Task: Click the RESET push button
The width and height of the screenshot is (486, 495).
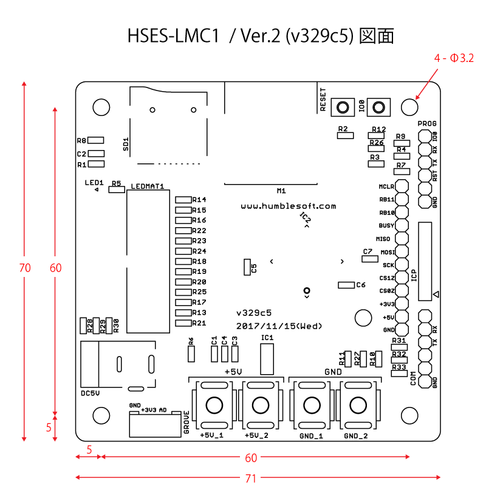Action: coord(343,108)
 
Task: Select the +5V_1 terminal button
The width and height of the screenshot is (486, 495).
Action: coord(214,405)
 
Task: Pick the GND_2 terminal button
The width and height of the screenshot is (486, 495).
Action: coord(358,405)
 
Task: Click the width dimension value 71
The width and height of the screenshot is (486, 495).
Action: coord(250,478)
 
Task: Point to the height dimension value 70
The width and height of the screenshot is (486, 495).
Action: coord(25,267)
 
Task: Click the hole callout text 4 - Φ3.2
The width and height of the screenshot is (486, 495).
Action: coord(454,58)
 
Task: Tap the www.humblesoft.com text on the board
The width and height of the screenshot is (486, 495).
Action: coord(289,206)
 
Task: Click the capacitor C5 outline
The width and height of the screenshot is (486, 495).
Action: coord(246,267)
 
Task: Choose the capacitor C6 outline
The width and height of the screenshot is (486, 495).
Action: coord(346,285)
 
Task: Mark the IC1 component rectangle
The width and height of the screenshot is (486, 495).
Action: coord(267,359)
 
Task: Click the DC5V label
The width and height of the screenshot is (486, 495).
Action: coord(90,393)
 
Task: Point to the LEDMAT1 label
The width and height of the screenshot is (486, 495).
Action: coord(148,186)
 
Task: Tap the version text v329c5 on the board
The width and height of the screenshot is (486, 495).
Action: coord(254,313)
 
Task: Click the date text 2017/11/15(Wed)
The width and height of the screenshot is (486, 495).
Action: coord(279,326)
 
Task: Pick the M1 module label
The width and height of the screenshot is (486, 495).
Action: coord(281,191)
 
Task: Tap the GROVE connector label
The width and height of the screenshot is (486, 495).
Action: coord(186,423)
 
